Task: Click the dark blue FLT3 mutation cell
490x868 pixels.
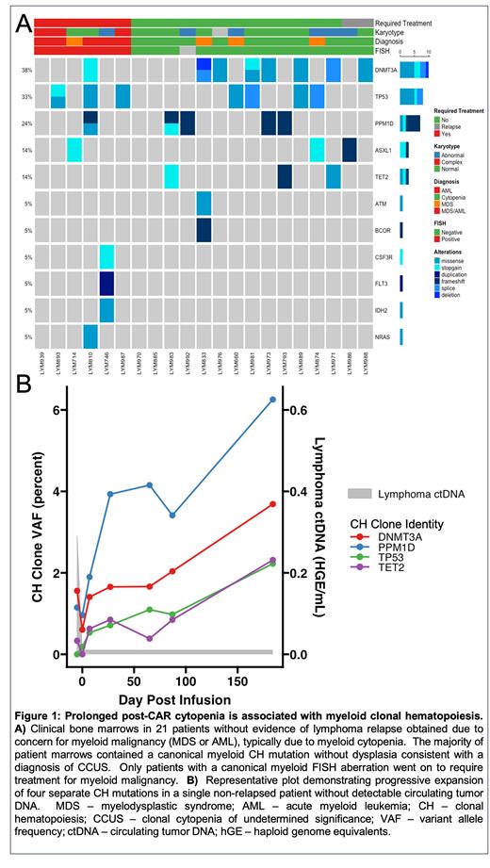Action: coord(106,283)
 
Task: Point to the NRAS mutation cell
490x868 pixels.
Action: coord(90,336)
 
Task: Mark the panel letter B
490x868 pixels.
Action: coord(26,382)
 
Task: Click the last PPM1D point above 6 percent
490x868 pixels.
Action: coord(272,399)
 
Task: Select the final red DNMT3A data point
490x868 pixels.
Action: coord(272,504)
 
